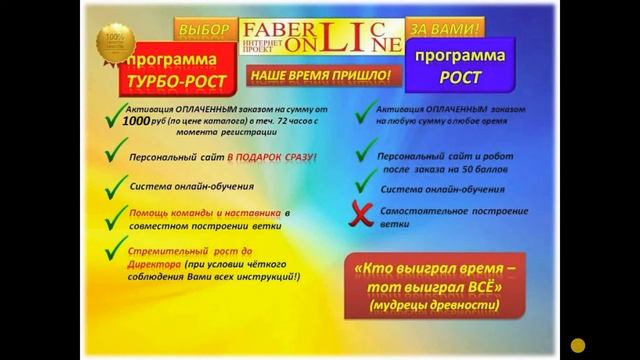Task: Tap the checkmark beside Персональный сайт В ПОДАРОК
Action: pyautogui.click(x=115, y=156)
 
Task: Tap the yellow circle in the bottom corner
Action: pyautogui.click(x=577, y=345)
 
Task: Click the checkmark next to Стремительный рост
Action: pyautogui.click(x=115, y=246)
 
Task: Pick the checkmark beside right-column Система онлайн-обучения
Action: pyautogui.click(x=366, y=184)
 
